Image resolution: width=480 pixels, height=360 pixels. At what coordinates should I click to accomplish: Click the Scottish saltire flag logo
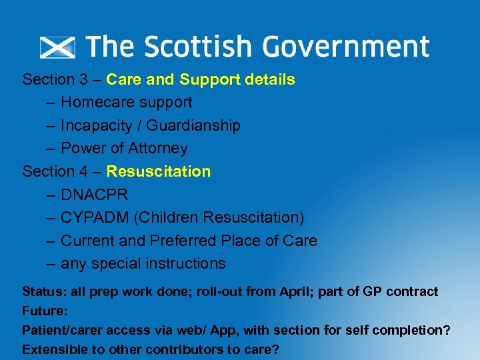pos(57,47)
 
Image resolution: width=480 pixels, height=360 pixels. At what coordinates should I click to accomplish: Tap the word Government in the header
pos(345,47)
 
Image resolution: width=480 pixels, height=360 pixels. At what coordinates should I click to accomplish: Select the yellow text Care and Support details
pos(200,80)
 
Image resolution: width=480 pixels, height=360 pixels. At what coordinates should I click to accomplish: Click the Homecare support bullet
pos(126,103)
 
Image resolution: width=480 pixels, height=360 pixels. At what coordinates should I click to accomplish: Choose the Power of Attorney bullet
pos(124,149)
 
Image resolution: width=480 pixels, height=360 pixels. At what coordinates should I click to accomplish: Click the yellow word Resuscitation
pos(158,171)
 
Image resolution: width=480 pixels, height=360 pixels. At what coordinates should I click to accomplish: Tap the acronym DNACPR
pos(95,195)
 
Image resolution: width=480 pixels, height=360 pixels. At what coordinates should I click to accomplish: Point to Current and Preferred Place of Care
pos(189,241)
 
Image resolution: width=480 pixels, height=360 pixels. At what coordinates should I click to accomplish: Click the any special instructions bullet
pos(143,264)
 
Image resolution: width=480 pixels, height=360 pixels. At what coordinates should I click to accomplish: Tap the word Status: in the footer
pos(44,292)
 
